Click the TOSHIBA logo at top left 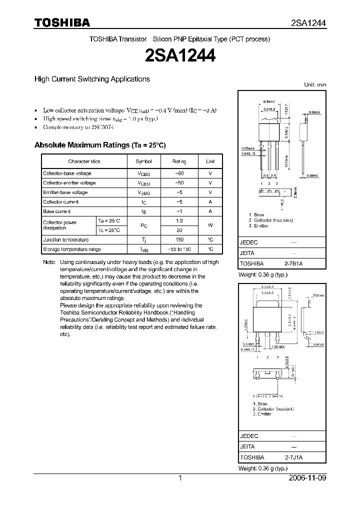coord(61,22)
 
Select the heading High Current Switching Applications coord(92,79)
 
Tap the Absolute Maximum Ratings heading coord(99,145)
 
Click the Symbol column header coord(143,161)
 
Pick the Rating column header coord(179,161)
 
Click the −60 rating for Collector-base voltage coord(179,173)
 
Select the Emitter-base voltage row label coord(65,192)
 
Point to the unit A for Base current coord(210,211)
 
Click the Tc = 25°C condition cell coord(109,230)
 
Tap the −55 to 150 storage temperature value coord(179,249)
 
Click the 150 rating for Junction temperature coord(179,240)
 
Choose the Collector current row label coord(61,202)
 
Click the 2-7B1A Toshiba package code coord(297,263)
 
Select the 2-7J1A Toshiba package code coord(297,457)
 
